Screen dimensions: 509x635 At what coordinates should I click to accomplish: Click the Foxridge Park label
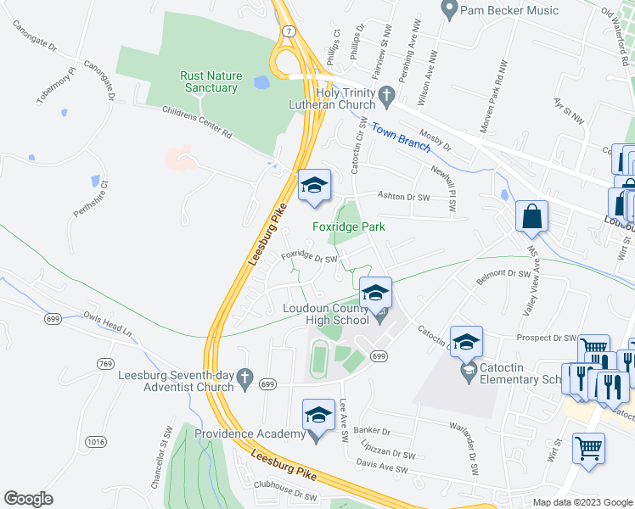348,227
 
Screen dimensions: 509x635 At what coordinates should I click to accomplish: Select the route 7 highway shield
289,31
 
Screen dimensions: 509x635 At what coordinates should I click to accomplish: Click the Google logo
29,499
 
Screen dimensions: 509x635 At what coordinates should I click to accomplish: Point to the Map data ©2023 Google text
582,502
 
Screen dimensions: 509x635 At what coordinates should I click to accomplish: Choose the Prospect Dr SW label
547,337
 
